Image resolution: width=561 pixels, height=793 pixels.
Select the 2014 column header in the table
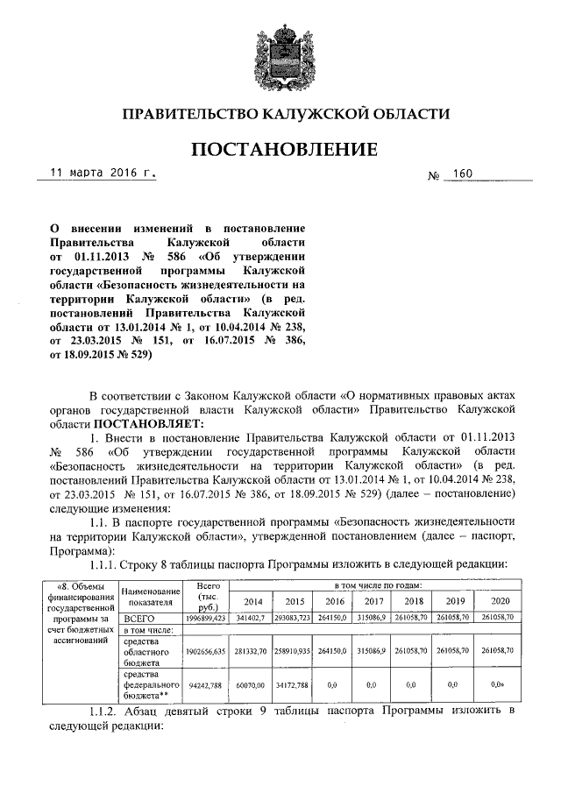pyautogui.click(x=252, y=601)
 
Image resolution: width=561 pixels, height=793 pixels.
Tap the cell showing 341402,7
pyautogui.click(x=252, y=618)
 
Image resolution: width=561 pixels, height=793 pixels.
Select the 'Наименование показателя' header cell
pyautogui.click(x=147, y=597)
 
